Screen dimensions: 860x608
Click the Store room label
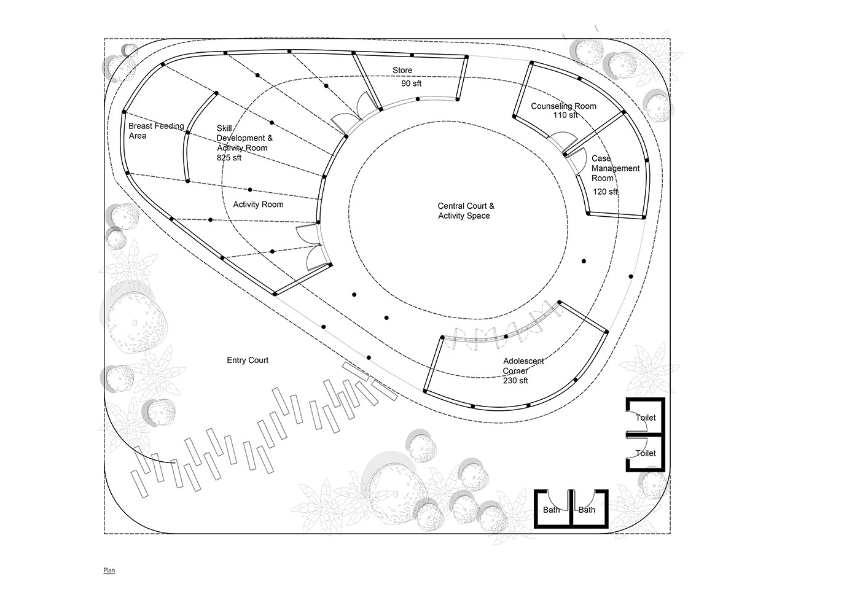point(402,70)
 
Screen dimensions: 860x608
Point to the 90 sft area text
point(411,84)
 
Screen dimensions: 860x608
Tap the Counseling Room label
point(563,106)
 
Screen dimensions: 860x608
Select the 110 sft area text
point(565,115)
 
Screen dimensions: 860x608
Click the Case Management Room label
point(615,168)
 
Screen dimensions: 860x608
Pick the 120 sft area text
point(605,192)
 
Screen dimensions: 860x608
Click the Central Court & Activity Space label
point(466,211)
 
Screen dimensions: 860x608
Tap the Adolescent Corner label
point(523,366)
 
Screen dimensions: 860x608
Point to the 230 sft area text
point(515,380)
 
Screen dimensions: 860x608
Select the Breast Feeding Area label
point(156,131)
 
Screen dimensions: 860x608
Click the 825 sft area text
point(229,158)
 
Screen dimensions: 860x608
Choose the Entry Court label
point(247,360)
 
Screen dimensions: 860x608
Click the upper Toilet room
point(646,417)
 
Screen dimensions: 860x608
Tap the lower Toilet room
point(646,453)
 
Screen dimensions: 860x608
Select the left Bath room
point(552,509)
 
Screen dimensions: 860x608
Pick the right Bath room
point(589,509)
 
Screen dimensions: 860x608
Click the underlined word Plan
point(109,570)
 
